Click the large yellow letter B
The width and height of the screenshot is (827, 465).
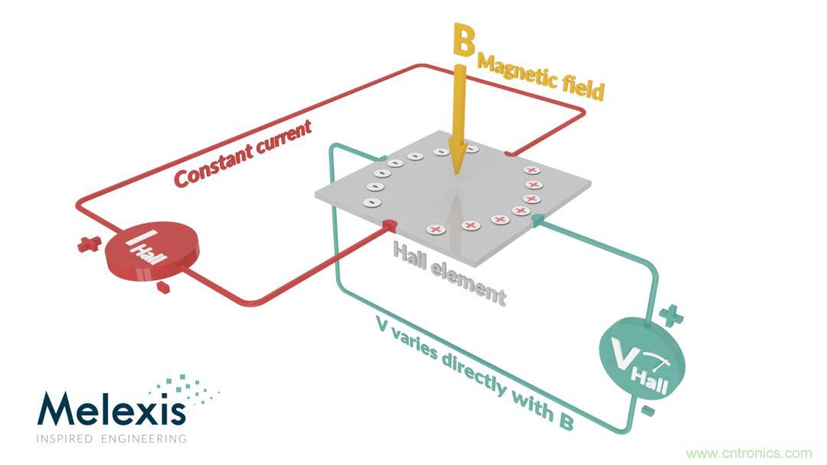click(x=464, y=41)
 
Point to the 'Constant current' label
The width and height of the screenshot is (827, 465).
click(x=243, y=153)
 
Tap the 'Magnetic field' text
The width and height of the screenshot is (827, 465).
click(x=541, y=77)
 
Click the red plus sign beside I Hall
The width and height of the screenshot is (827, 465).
click(x=90, y=244)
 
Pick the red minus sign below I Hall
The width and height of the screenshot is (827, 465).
click(x=162, y=287)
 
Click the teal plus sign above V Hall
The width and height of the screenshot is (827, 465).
click(x=670, y=314)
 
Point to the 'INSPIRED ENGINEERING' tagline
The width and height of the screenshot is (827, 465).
click(x=111, y=439)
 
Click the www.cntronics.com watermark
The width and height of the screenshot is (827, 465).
click(x=748, y=453)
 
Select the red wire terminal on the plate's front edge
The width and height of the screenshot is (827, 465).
click(x=389, y=224)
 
